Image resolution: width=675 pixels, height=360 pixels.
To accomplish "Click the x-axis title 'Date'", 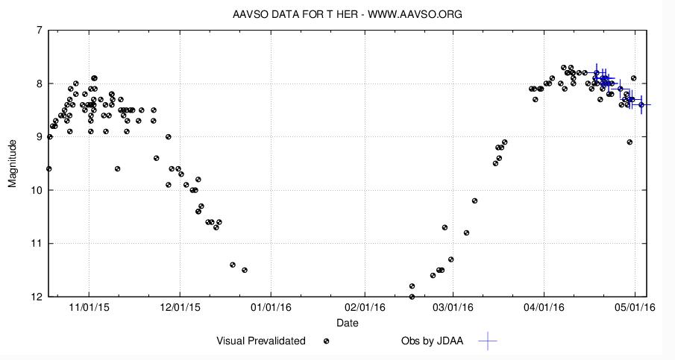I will (x=347, y=323).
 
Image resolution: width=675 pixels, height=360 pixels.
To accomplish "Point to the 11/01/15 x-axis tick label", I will (x=88, y=306).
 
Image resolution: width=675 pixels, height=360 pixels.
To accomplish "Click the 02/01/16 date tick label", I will (x=365, y=306).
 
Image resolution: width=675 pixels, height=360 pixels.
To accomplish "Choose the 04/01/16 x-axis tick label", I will (x=544, y=306).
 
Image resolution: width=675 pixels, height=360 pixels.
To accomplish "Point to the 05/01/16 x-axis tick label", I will (x=635, y=306).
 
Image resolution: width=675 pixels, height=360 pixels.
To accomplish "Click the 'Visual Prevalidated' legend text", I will (x=261, y=341).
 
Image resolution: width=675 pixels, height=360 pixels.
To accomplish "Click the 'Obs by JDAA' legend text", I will (x=432, y=341).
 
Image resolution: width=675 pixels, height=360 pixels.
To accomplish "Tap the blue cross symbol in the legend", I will (x=487, y=341).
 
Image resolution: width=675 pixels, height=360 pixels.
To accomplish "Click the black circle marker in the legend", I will (x=326, y=341).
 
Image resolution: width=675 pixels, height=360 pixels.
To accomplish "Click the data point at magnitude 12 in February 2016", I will (x=412, y=297).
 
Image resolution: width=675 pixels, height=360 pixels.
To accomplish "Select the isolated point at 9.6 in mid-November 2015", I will (x=117, y=169).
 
